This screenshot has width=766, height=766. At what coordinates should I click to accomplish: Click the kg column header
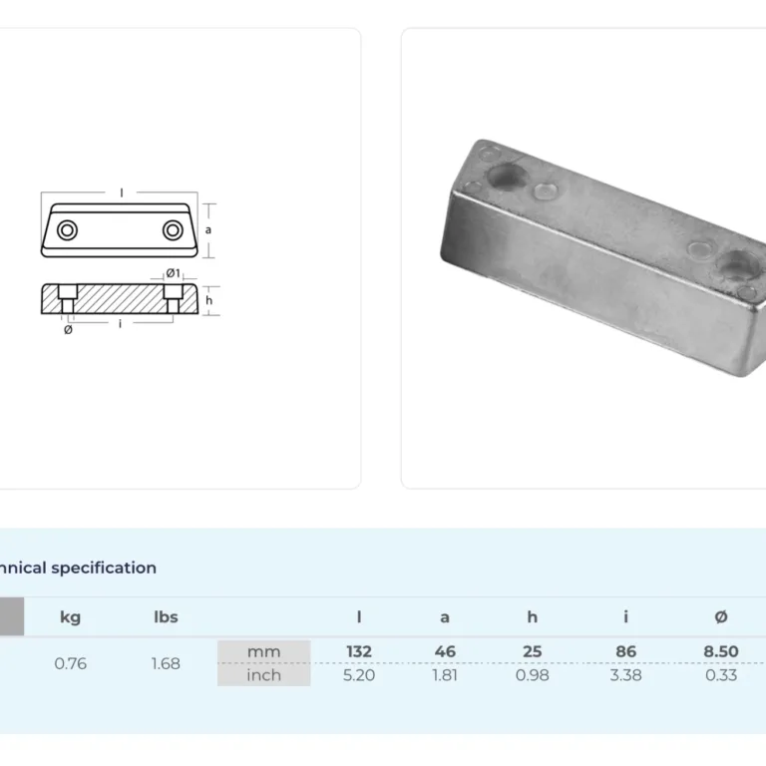[x=70, y=617]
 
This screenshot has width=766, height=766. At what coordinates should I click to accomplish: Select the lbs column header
[x=166, y=616]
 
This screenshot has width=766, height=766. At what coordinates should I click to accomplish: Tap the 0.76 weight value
[x=71, y=663]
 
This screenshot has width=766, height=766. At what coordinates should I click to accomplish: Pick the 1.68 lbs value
[x=166, y=663]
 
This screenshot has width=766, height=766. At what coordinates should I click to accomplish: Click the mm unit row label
[x=263, y=651]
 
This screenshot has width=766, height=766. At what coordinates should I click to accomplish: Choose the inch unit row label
[x=263, y=675]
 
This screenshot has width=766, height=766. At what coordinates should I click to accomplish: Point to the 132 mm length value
[x=359, y=651]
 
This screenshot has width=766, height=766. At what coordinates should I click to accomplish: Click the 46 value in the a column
[x=445, y=651]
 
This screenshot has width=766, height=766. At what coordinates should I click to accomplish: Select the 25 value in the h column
[x=532, y=651]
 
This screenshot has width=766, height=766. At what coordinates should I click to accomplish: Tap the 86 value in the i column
[x=625, y=651]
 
